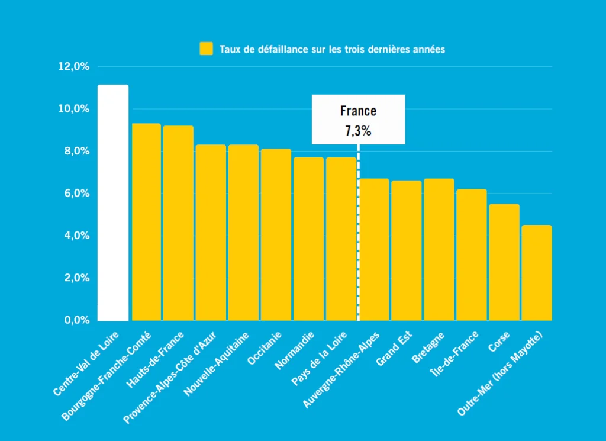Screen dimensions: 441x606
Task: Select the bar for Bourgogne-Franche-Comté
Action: coord(146,222)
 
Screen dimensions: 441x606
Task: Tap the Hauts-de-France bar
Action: coord(178,223)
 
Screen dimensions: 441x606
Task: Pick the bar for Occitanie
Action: coord(276,234)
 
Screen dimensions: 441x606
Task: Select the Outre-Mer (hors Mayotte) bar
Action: coord(537,273)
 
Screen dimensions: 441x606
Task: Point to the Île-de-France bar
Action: coord(472,255)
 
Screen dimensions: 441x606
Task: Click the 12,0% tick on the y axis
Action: coord(74,67)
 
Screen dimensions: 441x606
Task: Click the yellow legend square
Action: coord(207,49)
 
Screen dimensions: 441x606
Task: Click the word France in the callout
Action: coord(358,111)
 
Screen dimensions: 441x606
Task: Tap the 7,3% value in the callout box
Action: coord(358,131)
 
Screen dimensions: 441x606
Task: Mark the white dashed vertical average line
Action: coord(358,237)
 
